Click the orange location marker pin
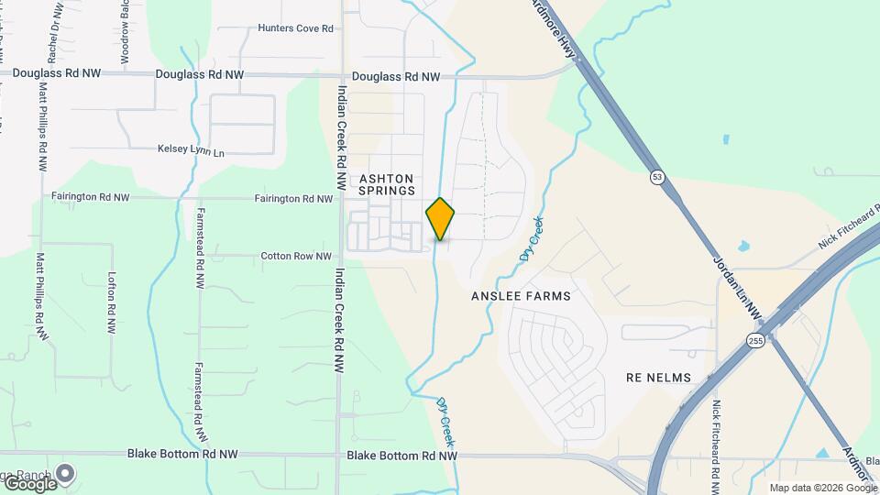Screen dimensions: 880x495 [x=440, y=219]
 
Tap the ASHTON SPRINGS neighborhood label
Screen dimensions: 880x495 [x=387, y=184]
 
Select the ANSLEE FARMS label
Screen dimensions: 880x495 [x=521, y=296]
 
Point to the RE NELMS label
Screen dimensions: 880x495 [x=658, y=378]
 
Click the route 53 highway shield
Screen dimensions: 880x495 [x=657, y=175]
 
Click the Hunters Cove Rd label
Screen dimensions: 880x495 [x=295, y=28]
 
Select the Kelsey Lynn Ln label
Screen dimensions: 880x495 [x=191, y=148]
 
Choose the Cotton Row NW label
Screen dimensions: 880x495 [x=296, y=257]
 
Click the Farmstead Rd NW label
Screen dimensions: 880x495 [x=199, y=247]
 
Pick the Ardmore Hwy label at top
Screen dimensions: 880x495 [x=555, y=27]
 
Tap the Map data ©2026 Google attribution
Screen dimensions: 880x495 [x=821, y=488]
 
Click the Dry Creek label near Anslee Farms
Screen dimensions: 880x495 [x=531, y=238]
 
